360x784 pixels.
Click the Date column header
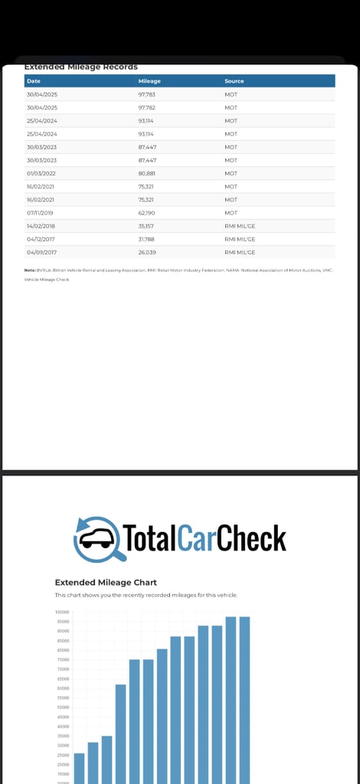34,81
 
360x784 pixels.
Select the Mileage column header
149,81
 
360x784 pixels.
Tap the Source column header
234,81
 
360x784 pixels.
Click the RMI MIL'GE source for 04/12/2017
240,239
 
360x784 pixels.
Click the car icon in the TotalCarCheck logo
95,538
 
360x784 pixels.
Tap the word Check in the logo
251,538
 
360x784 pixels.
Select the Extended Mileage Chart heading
106,582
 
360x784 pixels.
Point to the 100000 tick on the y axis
62,612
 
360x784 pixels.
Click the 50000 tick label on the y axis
62,707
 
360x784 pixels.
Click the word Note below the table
30,270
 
